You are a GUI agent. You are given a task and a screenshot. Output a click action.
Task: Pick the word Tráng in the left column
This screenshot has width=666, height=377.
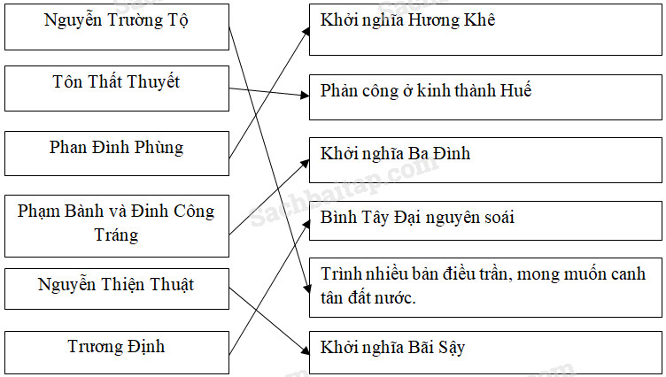(116, 235)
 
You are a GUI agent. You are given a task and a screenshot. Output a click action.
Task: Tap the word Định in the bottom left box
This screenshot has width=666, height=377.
(143, 347)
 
